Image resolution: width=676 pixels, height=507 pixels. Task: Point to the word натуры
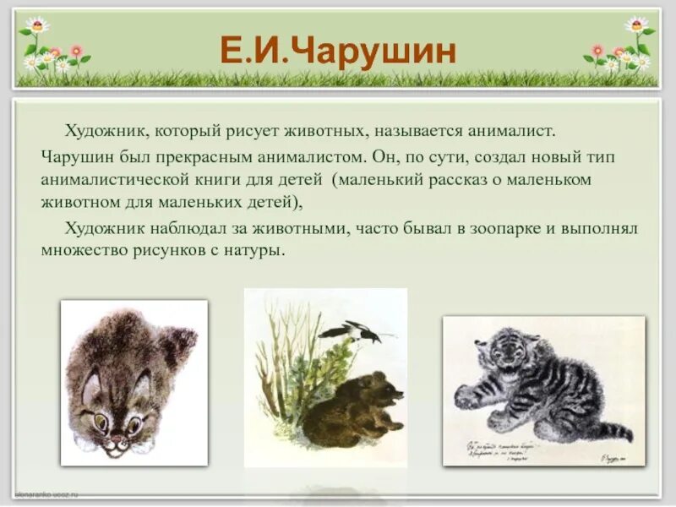(259, 252)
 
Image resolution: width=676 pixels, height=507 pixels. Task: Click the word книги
(246, 180)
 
